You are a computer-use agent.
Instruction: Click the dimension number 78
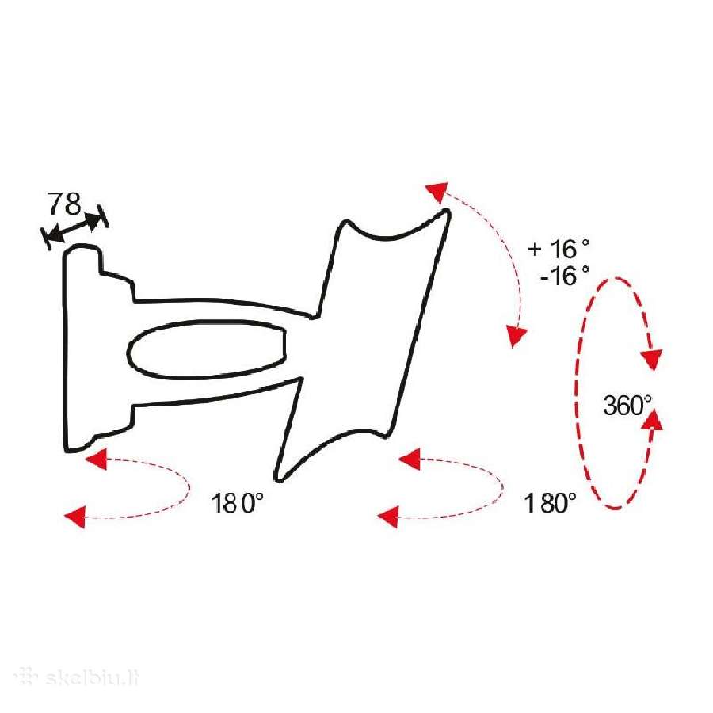point(65,204)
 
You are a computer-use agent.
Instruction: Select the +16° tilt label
point(559,248)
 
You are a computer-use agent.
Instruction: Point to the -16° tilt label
point(565,275)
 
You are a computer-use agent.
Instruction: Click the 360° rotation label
point(627,405)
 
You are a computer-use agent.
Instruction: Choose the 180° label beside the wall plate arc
point(238,503)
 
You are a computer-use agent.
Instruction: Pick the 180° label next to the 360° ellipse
point(550,503)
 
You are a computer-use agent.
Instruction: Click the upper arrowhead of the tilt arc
point(437,192)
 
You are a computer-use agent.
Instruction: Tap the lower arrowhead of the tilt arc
point(517,337)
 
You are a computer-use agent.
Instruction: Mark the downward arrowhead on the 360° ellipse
point(652,360)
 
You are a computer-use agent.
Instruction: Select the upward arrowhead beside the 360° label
point(653,419)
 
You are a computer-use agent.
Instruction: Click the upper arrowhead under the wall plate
point(97,459)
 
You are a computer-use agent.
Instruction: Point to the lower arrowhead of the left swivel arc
point(75,517)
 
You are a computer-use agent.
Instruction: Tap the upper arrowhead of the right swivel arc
point(410,459)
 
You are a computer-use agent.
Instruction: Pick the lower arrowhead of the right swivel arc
point(388,517)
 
